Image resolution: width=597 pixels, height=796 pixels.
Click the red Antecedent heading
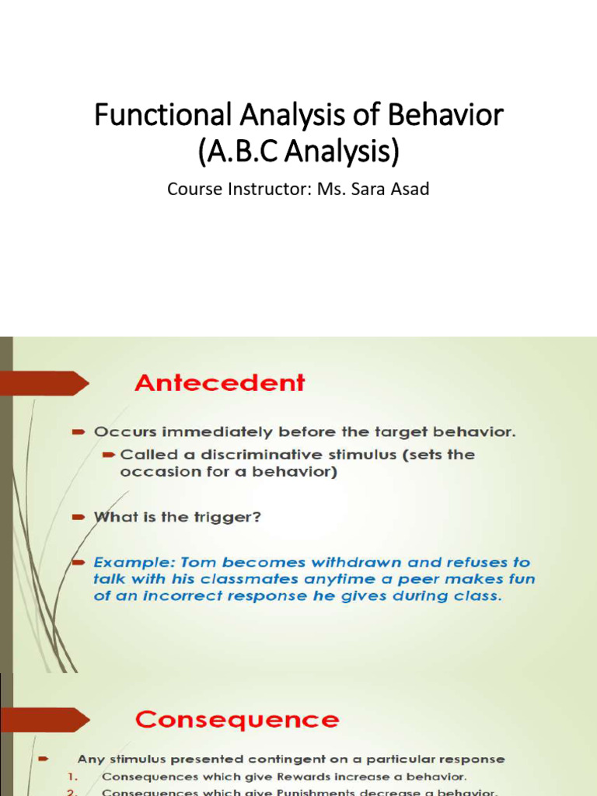[220, 383]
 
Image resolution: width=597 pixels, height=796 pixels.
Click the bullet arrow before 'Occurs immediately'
[78, 432]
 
